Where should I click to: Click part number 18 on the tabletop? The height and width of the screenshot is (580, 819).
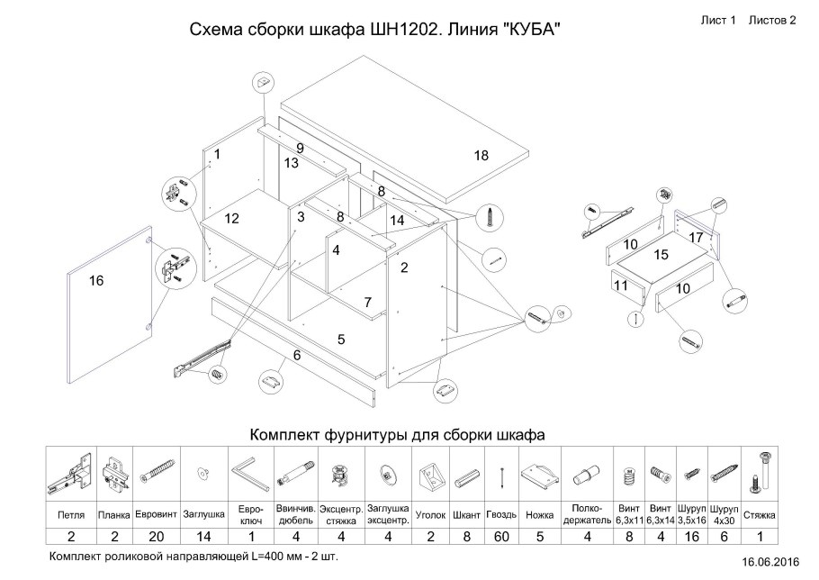[481, 156]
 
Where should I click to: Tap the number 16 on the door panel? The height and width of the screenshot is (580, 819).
[96, 281]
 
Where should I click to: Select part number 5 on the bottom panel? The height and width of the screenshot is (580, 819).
[341, 340]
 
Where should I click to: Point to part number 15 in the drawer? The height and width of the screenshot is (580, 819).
[661, 255]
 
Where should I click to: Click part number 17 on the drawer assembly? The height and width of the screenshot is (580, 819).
[696, 237]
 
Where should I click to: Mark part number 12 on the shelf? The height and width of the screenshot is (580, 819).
[231, 218]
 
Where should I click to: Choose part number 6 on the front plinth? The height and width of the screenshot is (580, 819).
[294, 356]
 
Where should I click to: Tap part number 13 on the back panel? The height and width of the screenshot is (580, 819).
[291, 163]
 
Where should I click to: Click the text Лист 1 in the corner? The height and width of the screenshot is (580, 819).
[718, 20]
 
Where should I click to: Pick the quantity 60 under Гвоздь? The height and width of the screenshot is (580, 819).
[501, 537]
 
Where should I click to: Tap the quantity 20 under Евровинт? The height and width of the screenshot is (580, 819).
[157, 537]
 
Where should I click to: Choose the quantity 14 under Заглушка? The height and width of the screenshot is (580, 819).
[203, 537]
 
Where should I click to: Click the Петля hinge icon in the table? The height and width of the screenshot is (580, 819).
[70, 470]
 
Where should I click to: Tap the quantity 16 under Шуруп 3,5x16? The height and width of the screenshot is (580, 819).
[691, 537]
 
